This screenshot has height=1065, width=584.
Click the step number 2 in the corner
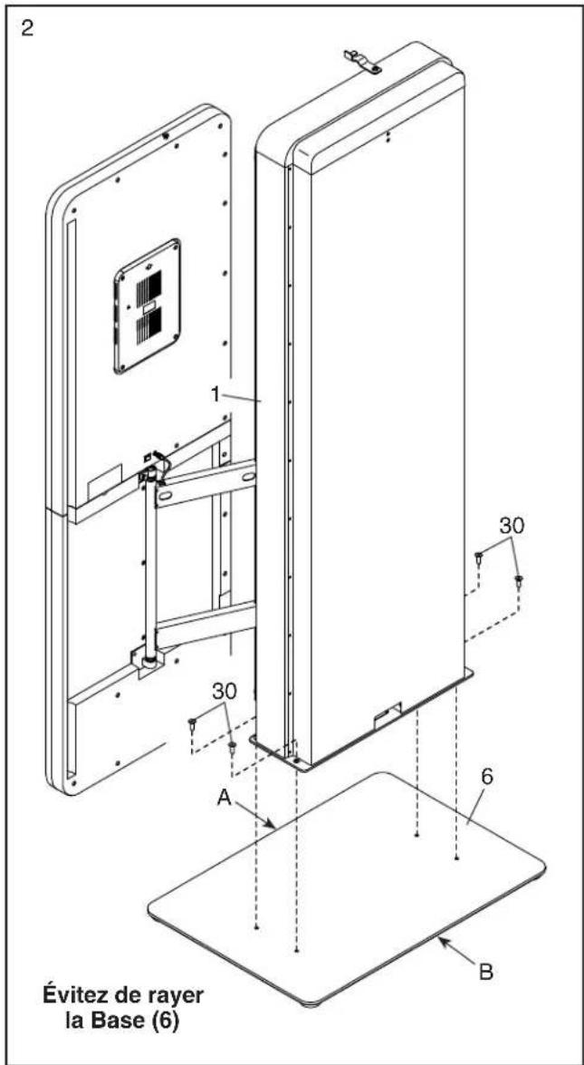click(x=28, y=28)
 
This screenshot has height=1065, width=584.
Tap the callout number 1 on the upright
click(x=215, y=395)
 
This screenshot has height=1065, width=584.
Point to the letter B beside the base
click(x=485, y=973)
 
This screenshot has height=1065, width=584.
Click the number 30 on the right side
click(x=513, y=525)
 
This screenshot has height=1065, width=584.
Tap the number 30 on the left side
click(x=225, y=692)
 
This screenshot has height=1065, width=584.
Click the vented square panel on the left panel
click(x=148, y=307)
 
